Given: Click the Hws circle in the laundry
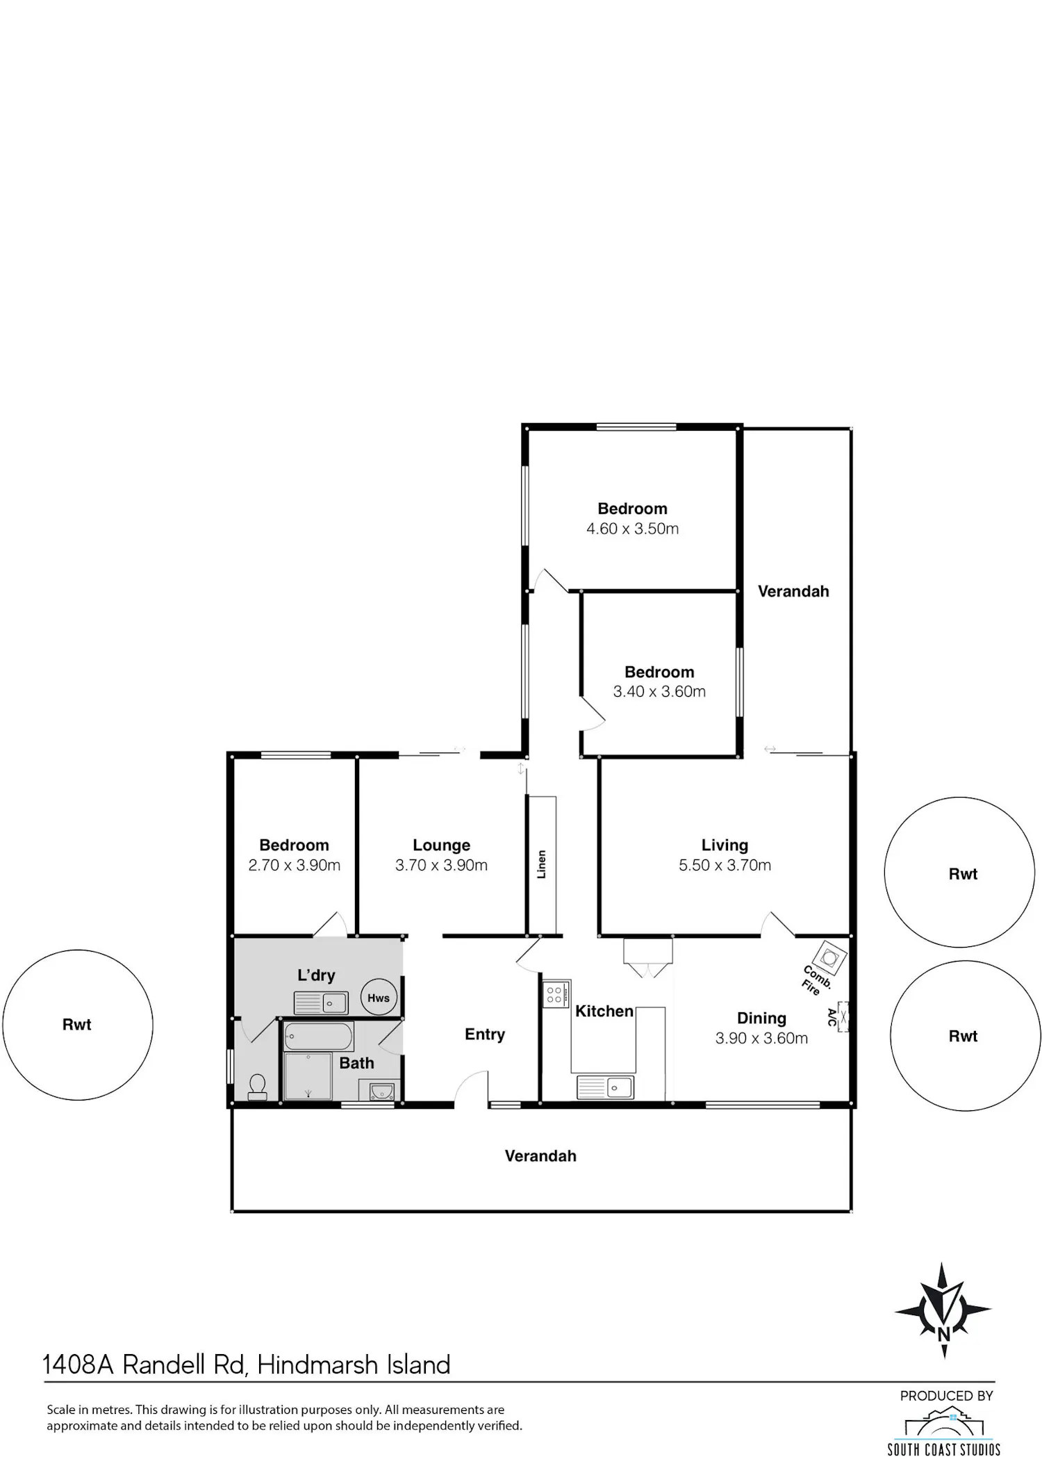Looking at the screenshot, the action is (x=379, y=998).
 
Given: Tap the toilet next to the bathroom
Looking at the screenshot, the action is (x=257, y=1087).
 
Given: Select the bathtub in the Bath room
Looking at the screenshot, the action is (x=319, y=1036).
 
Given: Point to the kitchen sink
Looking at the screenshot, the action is (x=605, y=1087).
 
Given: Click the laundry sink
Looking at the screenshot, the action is (x=321, y=1003).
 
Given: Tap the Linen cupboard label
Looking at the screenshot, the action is (x=542, y=864).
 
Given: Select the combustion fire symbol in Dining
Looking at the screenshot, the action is (x=830, y=958).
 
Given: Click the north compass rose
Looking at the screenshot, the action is (x=943, y=1311).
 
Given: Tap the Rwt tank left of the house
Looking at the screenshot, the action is (x=78, y=1025).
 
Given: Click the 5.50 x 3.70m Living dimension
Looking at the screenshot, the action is (x=725, y=865).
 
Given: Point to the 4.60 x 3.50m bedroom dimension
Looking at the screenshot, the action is (x=632, y=529).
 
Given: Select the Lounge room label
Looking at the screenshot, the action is (x=441, y=845).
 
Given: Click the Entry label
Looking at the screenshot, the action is (x=485, y=1035).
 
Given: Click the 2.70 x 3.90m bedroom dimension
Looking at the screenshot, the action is (x=295, y=865).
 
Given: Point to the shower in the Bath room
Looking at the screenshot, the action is (x=308, y=1076).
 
